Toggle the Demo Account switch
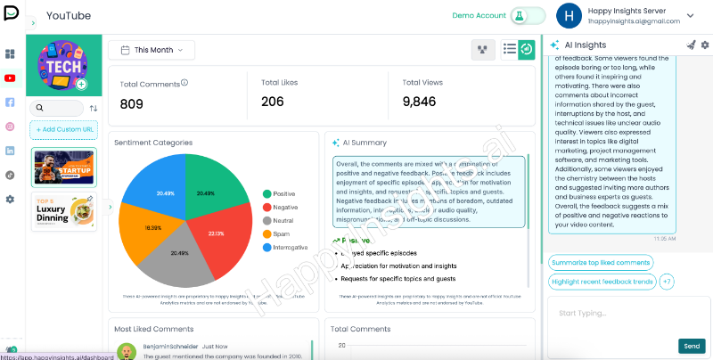pos(529,16)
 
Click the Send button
pos(692,346)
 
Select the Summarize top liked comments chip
pos(601,263)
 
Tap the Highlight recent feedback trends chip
pos(602,282)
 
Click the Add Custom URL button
pos(63,130)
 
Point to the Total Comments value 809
pos(132,103)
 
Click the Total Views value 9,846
pos(419,102)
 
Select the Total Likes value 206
pos(273,102)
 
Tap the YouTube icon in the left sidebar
pos(10,78)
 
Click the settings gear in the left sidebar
pos(10,199)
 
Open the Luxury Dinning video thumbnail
pos(63,212)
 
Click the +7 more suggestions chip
pos(667,282)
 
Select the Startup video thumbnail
pos(63,167)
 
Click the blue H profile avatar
pos(569,16)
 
